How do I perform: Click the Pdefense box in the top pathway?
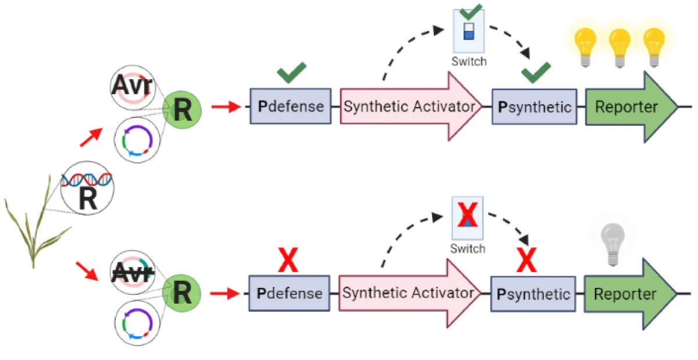point(290,106)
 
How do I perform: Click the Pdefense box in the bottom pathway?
point(290,293)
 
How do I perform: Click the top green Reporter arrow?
point(628,107)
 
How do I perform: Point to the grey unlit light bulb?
point(612,243)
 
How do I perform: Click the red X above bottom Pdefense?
point(289,260)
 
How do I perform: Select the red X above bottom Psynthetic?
point(526,260)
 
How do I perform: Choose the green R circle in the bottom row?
point(182,293)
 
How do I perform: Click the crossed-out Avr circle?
point(133,270)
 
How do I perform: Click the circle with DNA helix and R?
point(87,187)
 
